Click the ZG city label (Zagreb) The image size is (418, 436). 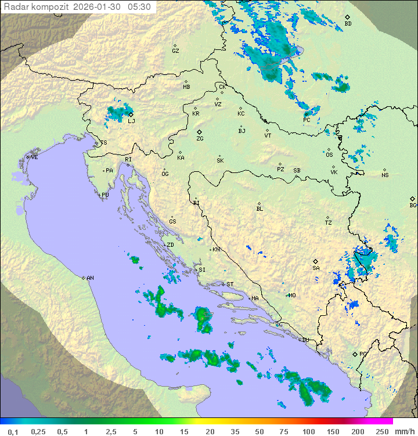point(200,139)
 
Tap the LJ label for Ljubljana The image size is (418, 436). point(131,121)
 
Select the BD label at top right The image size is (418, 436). point(348,24)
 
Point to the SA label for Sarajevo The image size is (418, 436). point(316,268)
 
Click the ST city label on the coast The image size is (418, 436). point(230,284)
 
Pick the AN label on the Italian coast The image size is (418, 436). point(90,278)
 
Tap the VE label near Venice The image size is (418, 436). point(34,157)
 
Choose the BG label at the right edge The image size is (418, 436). point(413,206)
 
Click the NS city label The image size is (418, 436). point(385,175)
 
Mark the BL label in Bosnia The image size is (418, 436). point(260,209)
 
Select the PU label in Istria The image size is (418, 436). point(105,195)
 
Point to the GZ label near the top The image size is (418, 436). point(175,51)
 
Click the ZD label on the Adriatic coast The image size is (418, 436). point(170,245)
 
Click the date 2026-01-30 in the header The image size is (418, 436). point(98,7)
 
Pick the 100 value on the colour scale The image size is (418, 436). point(308,431)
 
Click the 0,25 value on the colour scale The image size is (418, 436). point(38,431)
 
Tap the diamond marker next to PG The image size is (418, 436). point(355,354)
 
